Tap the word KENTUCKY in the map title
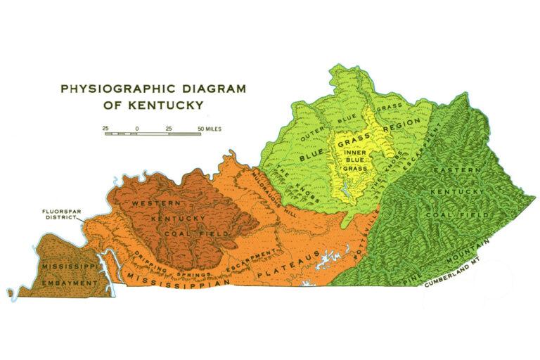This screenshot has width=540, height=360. click(173, 105)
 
